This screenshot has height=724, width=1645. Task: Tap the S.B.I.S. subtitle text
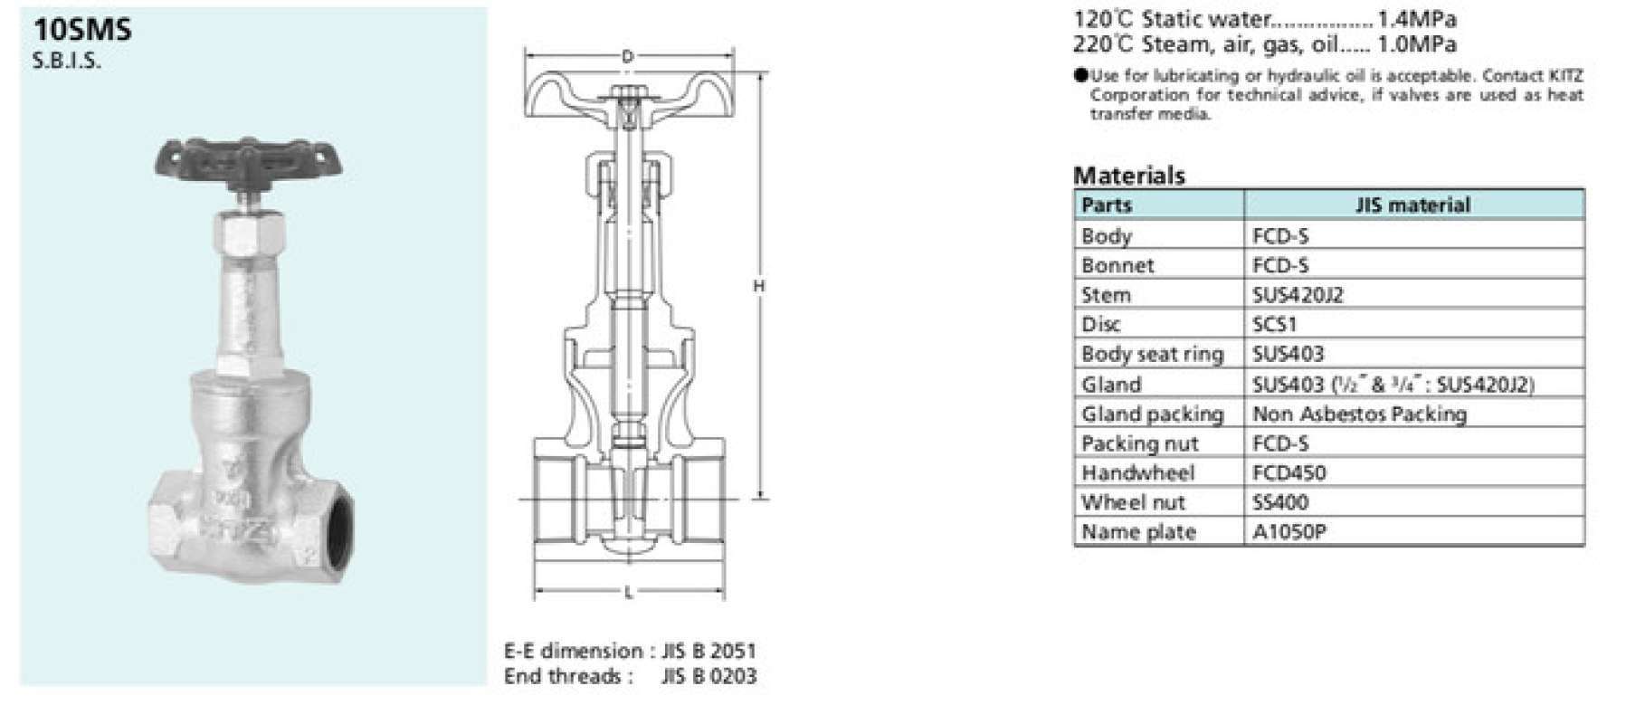(x=66, y=62)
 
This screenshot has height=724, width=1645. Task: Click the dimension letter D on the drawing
(x=627, y=57)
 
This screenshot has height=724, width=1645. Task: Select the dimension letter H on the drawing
(x=759, y=286)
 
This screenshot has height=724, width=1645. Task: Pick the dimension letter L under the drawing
(x=628, y=594)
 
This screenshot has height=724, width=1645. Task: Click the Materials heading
(x=1128, y=175)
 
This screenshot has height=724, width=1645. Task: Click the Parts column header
(x=1107, y=205)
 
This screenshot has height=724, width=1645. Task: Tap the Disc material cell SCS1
(x=1274, y=324)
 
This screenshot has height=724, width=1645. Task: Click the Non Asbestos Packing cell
(x=1359, y=414)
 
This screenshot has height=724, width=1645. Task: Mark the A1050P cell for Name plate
(x=1288, y=532)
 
